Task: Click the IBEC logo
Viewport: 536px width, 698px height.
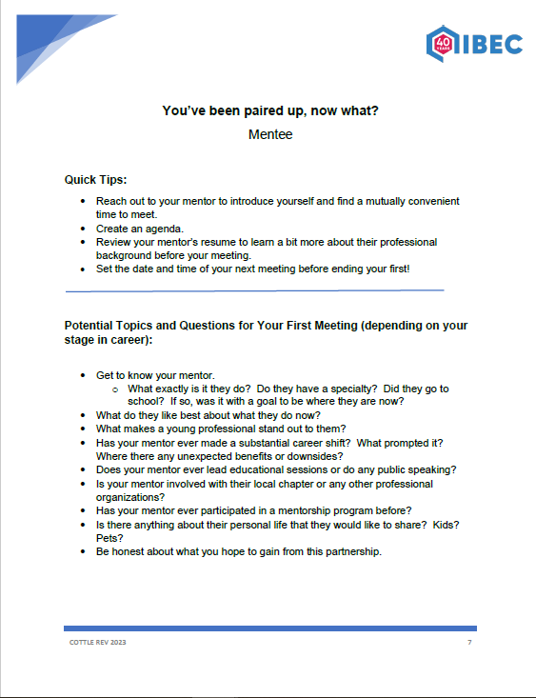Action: pos(474,42)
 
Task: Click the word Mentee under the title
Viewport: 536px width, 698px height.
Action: pos(270,134)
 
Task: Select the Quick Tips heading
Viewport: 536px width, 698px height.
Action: pos(95,180)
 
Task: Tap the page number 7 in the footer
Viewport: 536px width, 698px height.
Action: pos(469,644)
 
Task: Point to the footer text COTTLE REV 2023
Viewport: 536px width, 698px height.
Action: pos(98,644)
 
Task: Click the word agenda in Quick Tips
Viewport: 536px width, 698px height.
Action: pos(152,229)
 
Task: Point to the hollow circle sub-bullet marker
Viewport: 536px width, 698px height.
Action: pos(115,389)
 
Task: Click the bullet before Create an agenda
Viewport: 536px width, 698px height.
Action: pos(83,229)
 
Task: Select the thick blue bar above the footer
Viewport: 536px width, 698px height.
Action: pos(269,628)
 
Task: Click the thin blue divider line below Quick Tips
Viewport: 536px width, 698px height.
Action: pos(254,289)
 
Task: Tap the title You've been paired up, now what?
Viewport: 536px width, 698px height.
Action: pos(270,111)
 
